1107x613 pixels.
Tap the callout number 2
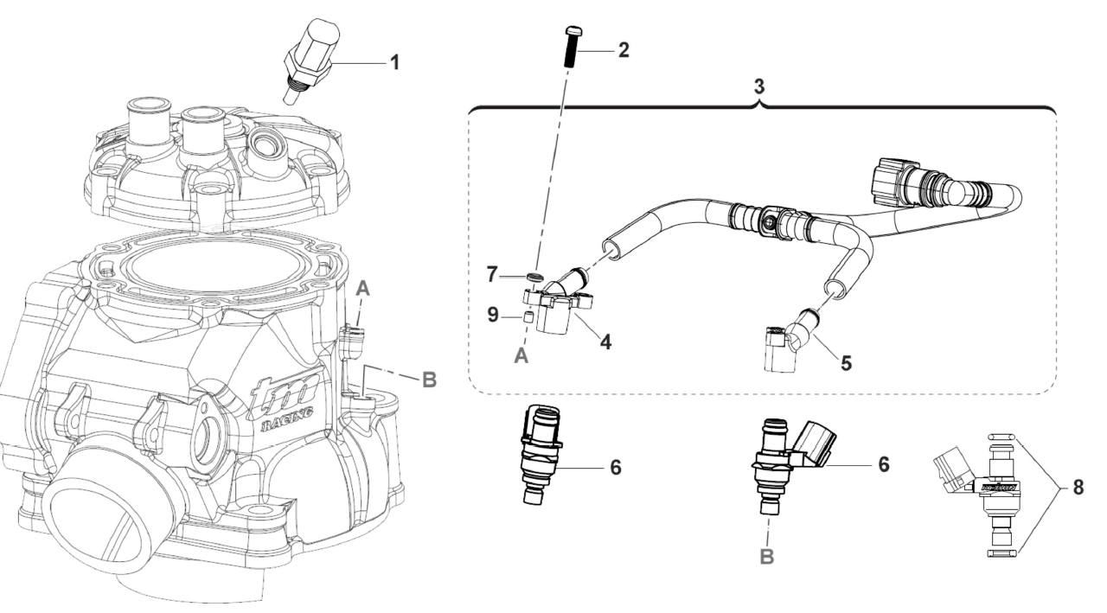[x=623, y=49]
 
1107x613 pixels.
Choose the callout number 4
[x=605, y=342]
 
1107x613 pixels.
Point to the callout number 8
[x=1077, y=487]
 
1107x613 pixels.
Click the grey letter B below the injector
[x=765, y=558]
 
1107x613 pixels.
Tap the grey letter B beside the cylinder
[x=429, y=380]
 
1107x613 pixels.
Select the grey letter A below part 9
[x=522, y=356]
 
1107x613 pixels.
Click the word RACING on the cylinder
[x=276, y=425]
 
